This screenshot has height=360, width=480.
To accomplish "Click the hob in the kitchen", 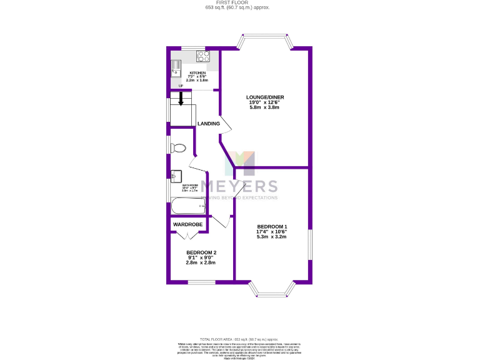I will coord(203,56).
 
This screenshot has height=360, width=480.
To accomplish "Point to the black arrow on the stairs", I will coord(182,99).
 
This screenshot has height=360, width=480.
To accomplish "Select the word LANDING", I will coord(209,124).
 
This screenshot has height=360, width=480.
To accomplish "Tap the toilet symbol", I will coord(177,148).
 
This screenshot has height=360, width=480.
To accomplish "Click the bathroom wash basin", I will coord(176,176).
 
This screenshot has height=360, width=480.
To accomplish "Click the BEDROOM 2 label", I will coord(201,252).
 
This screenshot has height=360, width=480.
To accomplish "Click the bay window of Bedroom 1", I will coord(272,289).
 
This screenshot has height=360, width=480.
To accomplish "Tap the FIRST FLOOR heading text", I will coord(239,3).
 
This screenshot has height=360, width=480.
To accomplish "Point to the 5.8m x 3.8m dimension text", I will coord(262,107).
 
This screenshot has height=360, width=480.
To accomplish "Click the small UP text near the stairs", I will coord(181,86).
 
